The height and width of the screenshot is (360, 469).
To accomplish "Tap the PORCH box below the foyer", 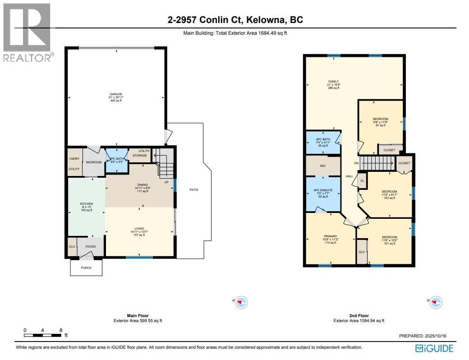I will pos(86,268).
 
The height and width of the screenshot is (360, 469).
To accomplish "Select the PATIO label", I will pos(193,189).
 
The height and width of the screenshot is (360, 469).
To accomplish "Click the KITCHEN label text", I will pos(86,203).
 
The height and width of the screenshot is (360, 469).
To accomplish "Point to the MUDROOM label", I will pos(94,162).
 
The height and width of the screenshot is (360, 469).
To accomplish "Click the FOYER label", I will pos(91,247).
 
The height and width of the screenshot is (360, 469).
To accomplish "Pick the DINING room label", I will pos(142,185).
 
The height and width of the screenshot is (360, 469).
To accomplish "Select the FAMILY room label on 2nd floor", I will pos(333,82).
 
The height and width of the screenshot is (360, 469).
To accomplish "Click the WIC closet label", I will pos(323,166).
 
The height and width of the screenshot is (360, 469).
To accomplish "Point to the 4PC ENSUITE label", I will pos(323,190).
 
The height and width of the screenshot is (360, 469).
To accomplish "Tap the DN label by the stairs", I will pos(356,163).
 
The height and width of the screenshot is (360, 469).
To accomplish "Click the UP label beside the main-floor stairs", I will pos(167,182).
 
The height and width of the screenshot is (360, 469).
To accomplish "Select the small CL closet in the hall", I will pos(362,180).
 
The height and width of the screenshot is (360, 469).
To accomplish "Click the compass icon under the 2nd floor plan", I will pos(436,302).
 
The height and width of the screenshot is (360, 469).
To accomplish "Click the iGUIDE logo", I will pos(434,348).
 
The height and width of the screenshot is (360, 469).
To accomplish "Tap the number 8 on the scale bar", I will pos(60,330).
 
